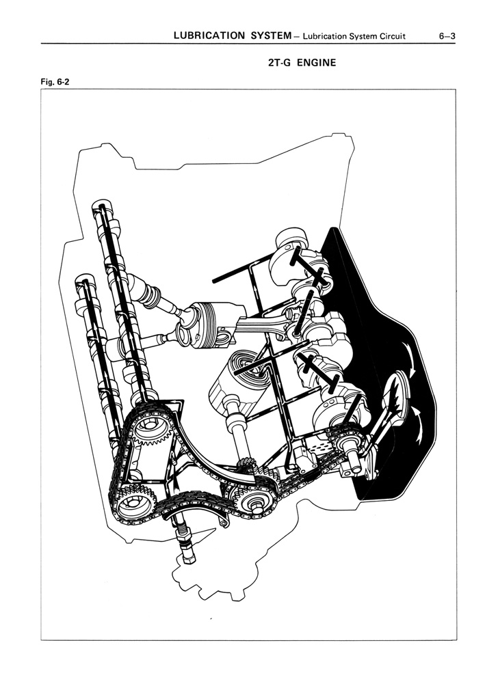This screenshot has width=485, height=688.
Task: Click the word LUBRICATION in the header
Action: click(x=209, y=36)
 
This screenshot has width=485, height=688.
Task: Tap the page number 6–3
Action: click(x=447, y=36)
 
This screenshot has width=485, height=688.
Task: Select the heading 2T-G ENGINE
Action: click(x=302, y=63)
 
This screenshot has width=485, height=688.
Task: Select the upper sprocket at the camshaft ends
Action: click(x=149, y=426)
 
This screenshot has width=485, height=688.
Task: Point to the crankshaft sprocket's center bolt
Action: click(x=254, y=506)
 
